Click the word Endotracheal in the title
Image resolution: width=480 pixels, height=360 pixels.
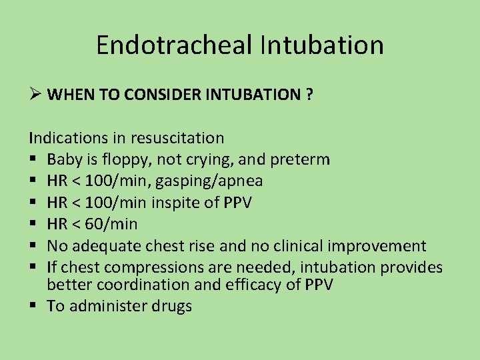(174, 45)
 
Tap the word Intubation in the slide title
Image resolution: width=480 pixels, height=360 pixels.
(322, 45)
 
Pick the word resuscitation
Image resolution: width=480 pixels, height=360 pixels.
(177, 138)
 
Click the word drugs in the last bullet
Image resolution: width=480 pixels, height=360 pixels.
(173, 307)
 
